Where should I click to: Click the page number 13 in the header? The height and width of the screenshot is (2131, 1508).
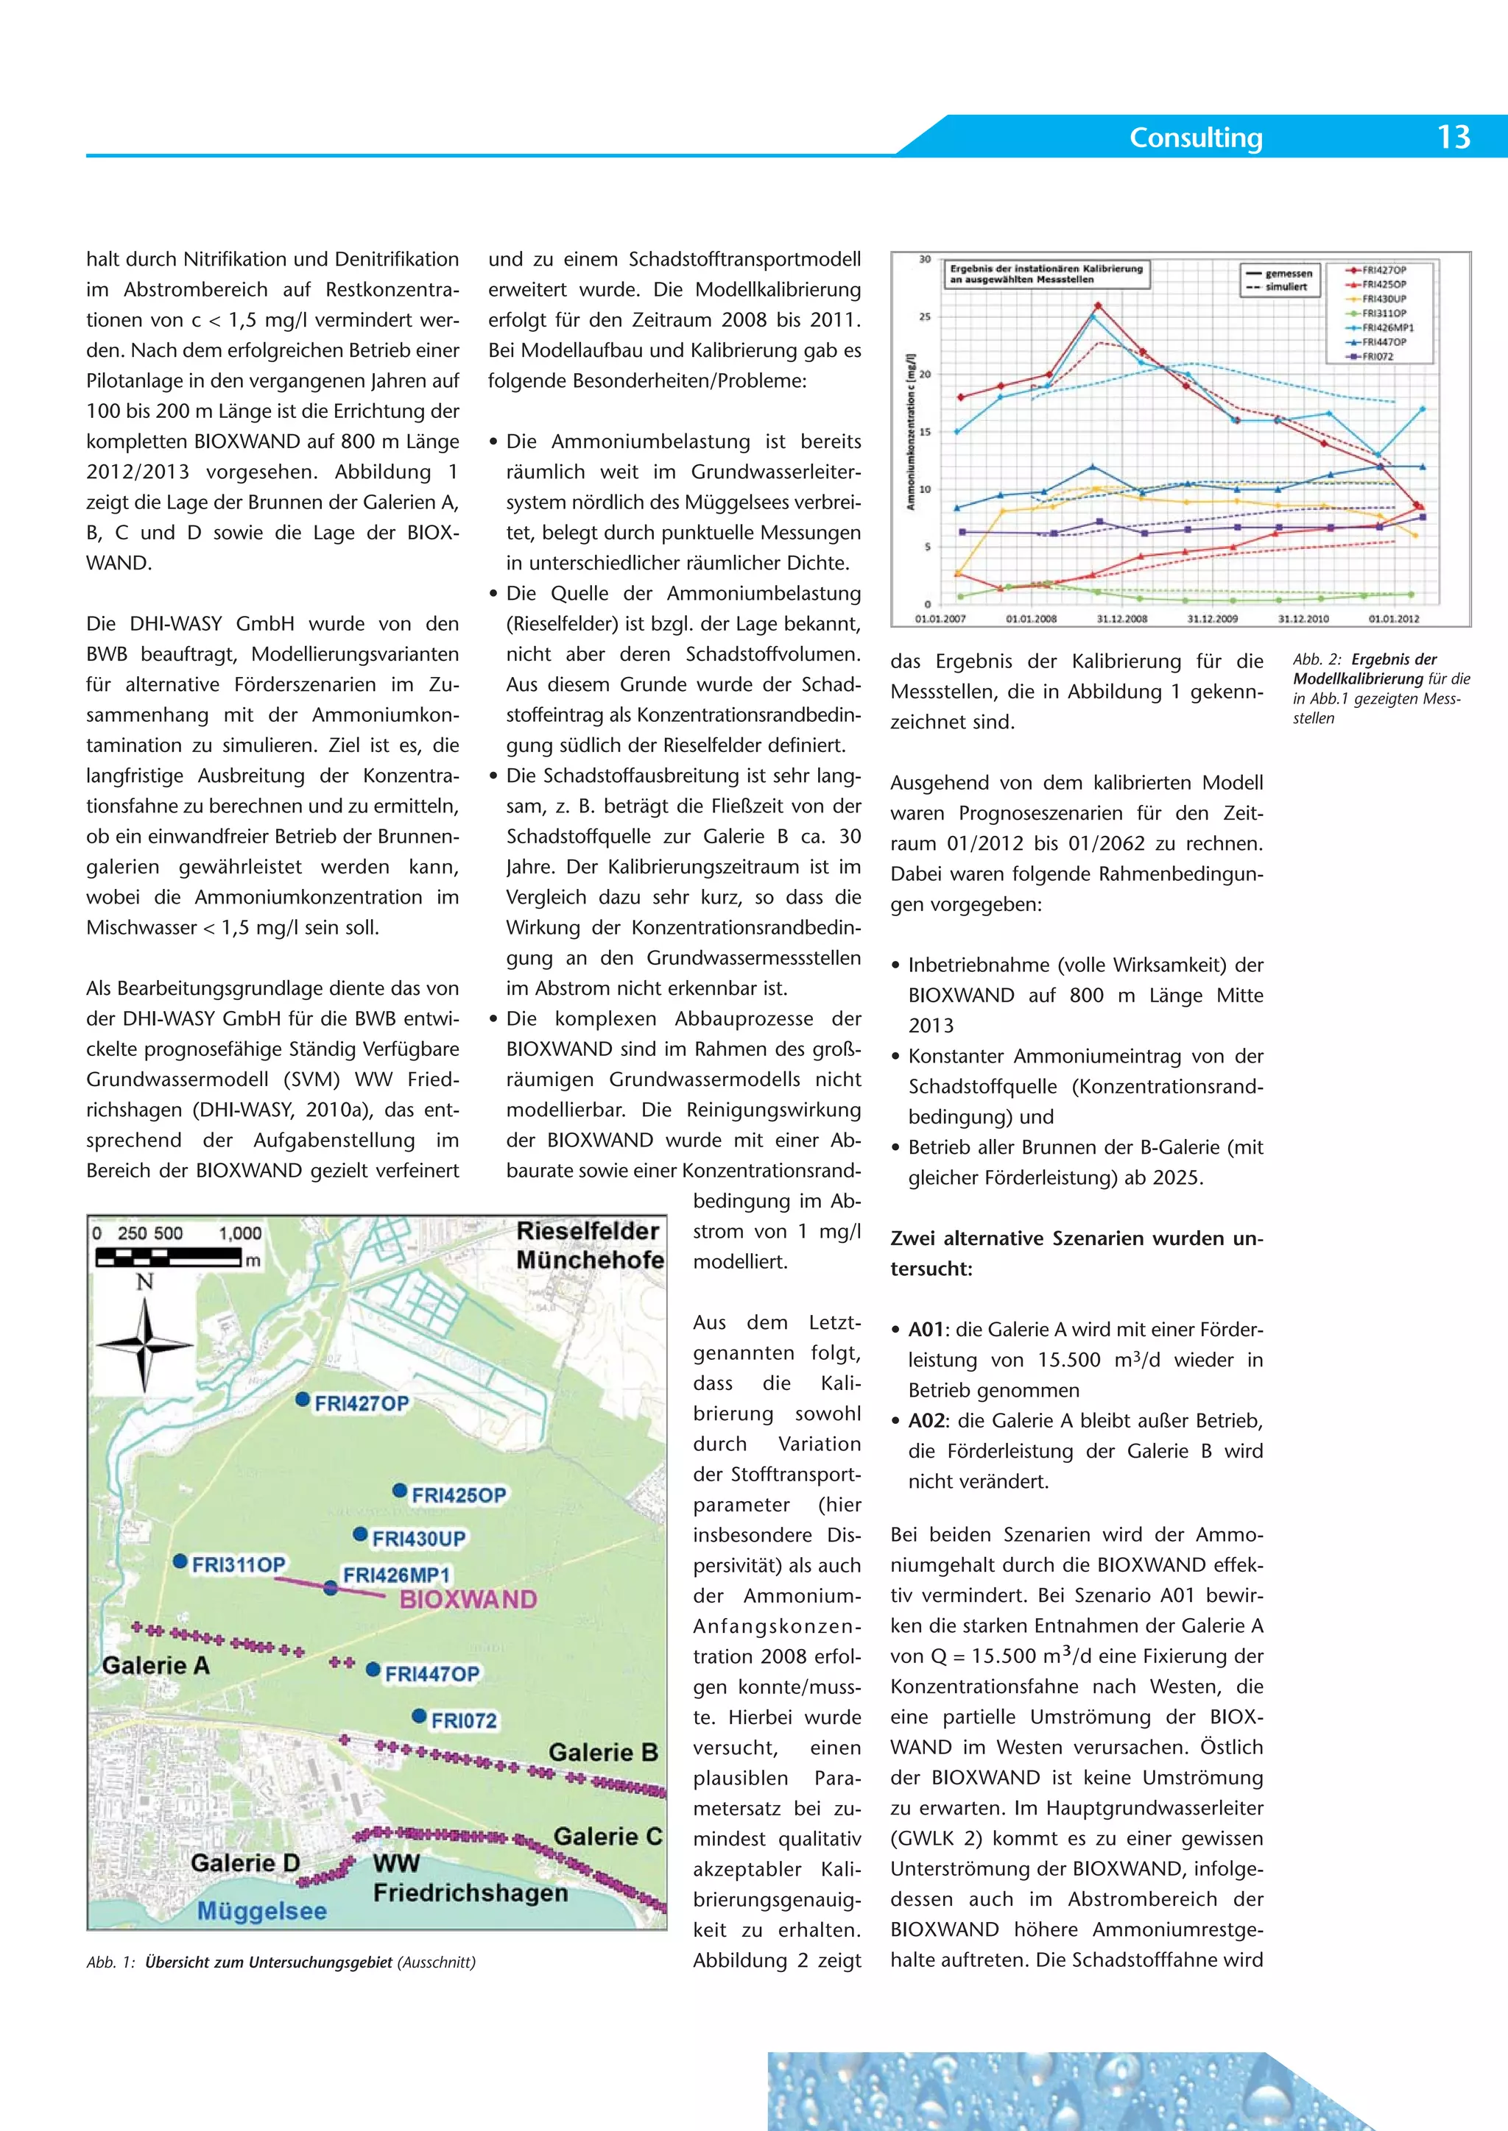click(x=1454, y=138)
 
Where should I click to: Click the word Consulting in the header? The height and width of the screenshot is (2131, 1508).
click(x=1195, y=138)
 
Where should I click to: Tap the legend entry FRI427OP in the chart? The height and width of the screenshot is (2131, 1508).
click(x=1384, y=270)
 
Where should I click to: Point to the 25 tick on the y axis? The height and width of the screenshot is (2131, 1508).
click(x=925, y=316)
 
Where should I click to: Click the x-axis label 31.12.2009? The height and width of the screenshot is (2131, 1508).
click(x=1212, y=619)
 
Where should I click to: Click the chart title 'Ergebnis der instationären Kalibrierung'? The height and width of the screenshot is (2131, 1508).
click(x=1045, y=269)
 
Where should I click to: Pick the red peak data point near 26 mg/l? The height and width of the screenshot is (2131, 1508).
click(x=1098, y=305)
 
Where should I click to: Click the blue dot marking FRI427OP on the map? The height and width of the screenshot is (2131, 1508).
click(x=302, y=1400)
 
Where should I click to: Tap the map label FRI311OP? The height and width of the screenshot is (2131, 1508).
click(x=238, y=1565)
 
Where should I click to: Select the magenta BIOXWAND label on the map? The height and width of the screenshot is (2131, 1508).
click(x=468, y=1599)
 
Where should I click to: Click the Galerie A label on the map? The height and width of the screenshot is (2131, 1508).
click(x=155, y=1666)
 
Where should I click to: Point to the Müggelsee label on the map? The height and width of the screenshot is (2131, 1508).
click(x=262, y=1912)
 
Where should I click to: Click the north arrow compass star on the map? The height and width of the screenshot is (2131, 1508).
click(x=145, y=1344)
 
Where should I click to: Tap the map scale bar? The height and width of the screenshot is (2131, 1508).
click(x=167, y=1257)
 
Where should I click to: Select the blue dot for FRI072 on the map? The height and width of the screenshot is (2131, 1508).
click(x=419, y=1716)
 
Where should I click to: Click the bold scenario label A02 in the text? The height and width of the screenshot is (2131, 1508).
click(x=926, y=1421)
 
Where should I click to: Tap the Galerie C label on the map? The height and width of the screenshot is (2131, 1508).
click(x=607, y=1837)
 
